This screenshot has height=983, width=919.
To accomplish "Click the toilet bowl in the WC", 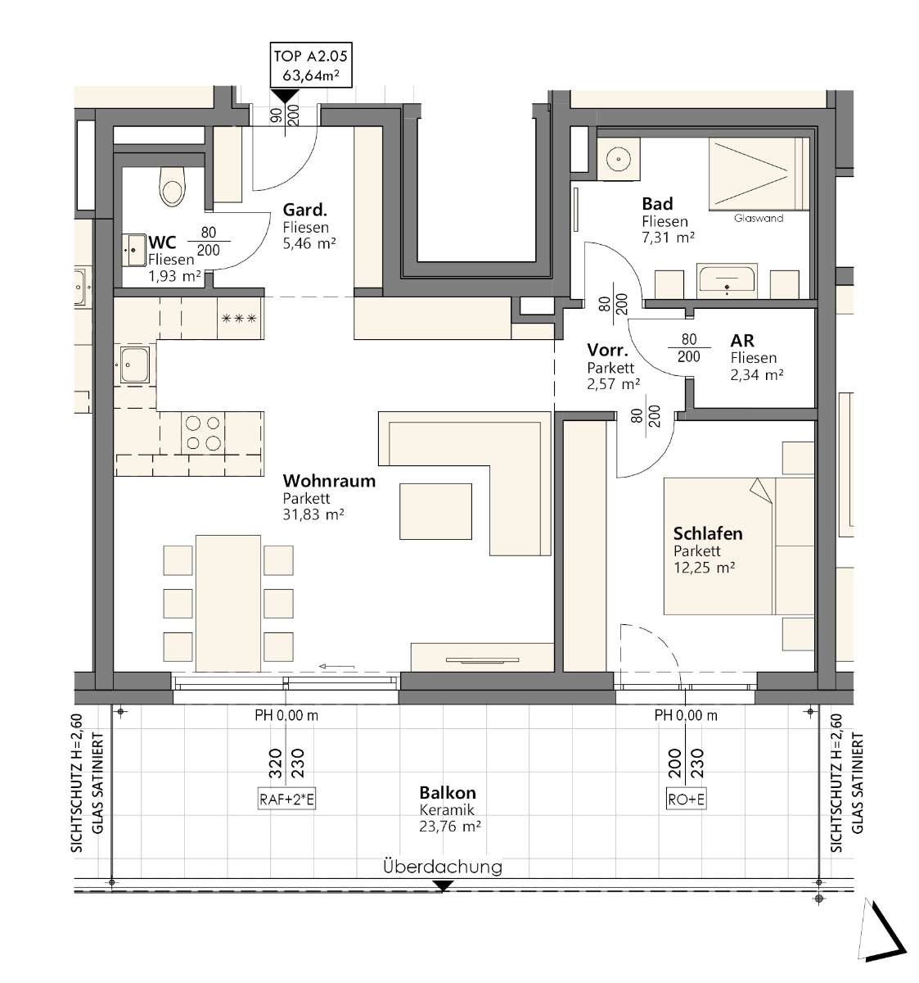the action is (x=172, y=186).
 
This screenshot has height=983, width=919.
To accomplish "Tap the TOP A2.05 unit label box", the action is (x=311, y=65).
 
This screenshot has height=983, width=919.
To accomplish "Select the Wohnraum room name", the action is (x=329, y=481).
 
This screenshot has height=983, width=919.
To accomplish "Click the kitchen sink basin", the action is (x=134, y=365).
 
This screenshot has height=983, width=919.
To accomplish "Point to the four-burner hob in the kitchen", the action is (x=202, y=433).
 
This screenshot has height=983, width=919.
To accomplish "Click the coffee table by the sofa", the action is (x=435, y=511).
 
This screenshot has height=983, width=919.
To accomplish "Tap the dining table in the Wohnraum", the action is (x=228, y=603).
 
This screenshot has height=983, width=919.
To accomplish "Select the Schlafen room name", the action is (x=708, y=533).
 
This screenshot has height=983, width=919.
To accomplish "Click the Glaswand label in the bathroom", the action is (x=759, y=218).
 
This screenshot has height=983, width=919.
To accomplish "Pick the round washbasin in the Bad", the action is (x=618, y=160).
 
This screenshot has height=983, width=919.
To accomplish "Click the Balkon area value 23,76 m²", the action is (x=449, y=826).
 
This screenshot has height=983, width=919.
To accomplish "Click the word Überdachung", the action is (x=443, y=867).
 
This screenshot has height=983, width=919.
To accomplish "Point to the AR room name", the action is (x=742, y=341).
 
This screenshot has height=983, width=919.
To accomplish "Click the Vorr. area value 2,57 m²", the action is (x=613, y=384).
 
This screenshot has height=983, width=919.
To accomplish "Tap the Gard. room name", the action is (x=304, y=210).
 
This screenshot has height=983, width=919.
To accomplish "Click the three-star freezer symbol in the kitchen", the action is (x=240, y=319).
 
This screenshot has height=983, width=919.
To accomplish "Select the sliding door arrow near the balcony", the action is (x=336, y=666).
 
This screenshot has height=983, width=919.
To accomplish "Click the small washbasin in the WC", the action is (x=132, y=251).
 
